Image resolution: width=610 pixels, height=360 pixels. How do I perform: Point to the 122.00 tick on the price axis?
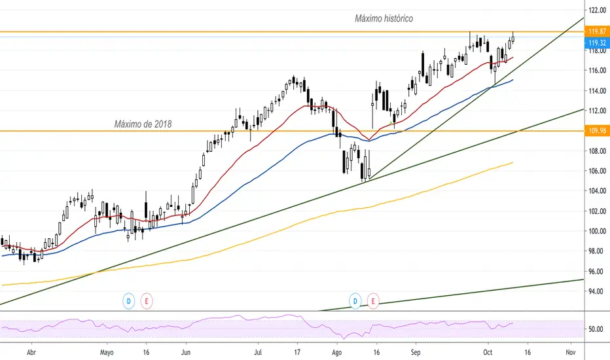(x=596, y=10)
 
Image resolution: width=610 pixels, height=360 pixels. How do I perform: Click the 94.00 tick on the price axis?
(x=596, y=291)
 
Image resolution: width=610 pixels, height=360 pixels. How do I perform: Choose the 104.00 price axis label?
(x=596, y=191)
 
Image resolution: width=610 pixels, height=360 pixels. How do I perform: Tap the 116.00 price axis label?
(x=596, y=71)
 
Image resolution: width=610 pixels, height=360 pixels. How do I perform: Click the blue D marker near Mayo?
(x=129, y=301)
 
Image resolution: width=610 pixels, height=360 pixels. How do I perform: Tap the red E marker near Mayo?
(x=147, y=301)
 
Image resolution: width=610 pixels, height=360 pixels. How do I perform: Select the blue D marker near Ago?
(x=356, y=301)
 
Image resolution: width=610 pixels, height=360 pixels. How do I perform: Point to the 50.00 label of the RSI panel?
(x=596, y=329)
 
